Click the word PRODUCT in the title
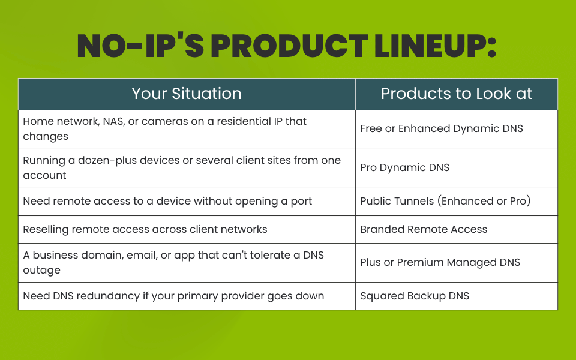tap(289, 46)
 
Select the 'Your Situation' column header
tap(187, 94)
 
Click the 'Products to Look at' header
tap(456, 94)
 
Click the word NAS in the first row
tap(114, 122)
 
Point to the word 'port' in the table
tap(301, 202)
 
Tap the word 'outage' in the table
tap(41, 271)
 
